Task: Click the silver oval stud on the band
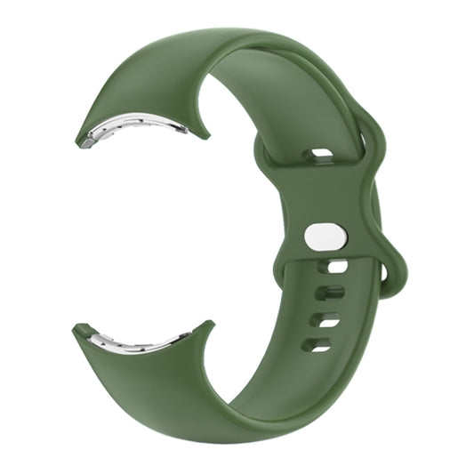pyautogui.click(x=325, y=237)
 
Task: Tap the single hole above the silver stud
pyautogui.click(x=317, y=156)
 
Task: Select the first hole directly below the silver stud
pyautogui.click(x=337, y=266)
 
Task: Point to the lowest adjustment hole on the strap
pyautogui.click(x=317, y=343)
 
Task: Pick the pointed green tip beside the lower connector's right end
pyautogui.click(x=208, y=324)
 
